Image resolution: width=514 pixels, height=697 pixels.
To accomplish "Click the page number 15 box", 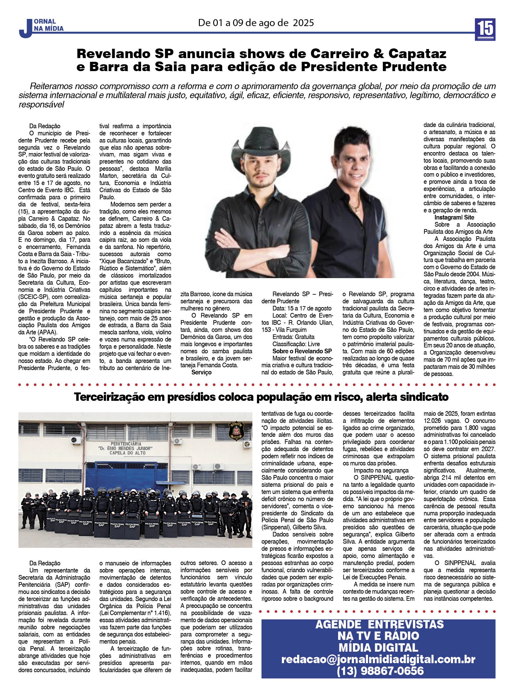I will point(484,29).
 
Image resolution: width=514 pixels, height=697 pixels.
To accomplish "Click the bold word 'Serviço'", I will point(201,373).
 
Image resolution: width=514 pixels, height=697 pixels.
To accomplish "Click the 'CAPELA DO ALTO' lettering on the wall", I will point(127,453).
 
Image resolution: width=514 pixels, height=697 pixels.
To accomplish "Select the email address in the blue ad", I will point(378,659).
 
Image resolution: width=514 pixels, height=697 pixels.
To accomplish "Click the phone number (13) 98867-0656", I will point(379,671).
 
